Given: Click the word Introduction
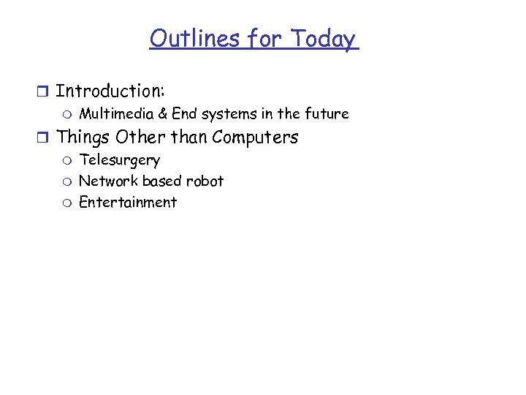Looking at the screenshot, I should point(110,91).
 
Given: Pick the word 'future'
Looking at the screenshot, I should point(327,114).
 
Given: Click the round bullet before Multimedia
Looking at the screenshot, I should point(67,115).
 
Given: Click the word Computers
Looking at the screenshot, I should point(255,137).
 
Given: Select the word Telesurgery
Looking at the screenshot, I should point(119,160).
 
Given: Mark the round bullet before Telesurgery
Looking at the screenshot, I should point(67,160).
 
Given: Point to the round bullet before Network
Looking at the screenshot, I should point(67,181).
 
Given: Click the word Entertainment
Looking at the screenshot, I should point(128,203).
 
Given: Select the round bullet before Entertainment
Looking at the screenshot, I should point(67,203).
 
